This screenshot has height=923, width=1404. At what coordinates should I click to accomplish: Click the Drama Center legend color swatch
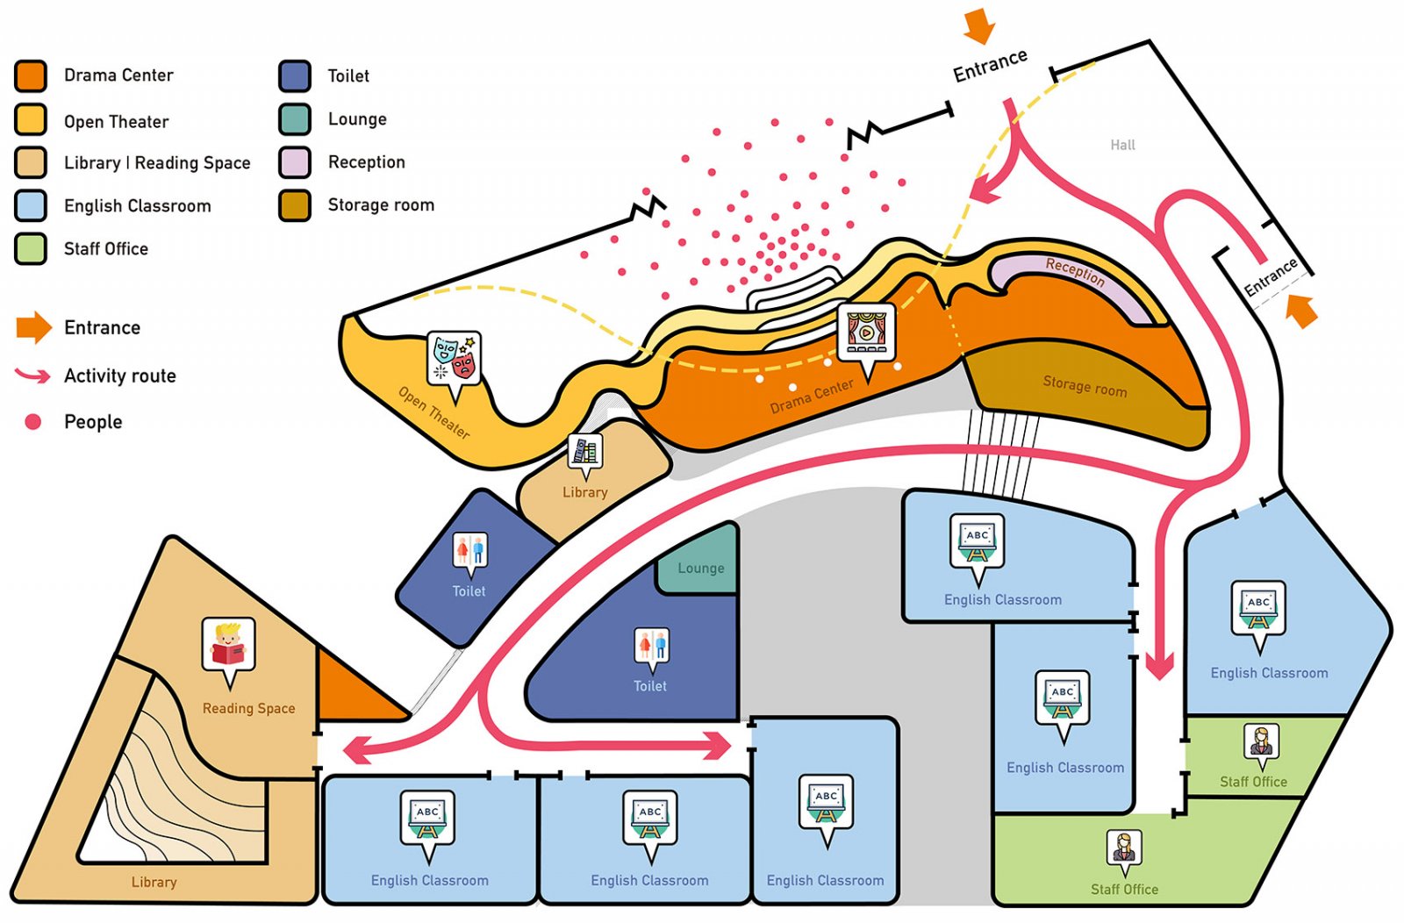tap(30, 75)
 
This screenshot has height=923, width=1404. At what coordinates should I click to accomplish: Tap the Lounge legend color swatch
tap(295, 119)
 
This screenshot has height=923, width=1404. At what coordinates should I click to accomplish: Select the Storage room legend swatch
tap(295, 205)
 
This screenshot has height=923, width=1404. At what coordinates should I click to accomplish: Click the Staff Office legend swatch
tap(30, 249)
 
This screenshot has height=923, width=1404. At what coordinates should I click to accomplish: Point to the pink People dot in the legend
tap(32, 422)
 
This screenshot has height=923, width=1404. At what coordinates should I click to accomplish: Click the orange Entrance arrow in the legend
tap(34, 327)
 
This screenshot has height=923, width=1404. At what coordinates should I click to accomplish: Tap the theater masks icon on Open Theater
tap(455, 359)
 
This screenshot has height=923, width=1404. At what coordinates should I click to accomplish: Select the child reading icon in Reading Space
tap(229, 646)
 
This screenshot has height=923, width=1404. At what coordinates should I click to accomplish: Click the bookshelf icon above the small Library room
tap(584, 451)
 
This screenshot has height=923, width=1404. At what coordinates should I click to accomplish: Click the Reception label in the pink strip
tap(1074, 272)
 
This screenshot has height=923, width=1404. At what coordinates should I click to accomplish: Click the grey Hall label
tap(1122, 145)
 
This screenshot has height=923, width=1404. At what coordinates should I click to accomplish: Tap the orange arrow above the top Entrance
tap(979, 25)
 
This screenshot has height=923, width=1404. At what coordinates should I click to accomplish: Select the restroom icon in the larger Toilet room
tap(651, 646)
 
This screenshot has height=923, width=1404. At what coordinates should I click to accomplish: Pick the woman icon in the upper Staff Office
tap(1261, 743)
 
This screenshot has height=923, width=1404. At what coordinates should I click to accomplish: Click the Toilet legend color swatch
tap(295, 75)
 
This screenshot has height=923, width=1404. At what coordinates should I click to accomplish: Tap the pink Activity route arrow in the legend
tap(32, 375)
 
